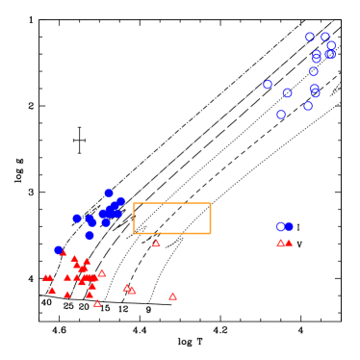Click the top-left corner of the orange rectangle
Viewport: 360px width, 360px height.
(x=134, y=203)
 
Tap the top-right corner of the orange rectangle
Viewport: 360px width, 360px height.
(x=210, y=203)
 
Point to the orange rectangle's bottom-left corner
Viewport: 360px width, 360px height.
(x=134, y=233)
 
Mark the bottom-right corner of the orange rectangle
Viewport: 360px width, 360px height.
(x=210, y=233)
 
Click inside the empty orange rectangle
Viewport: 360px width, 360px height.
(x=171, y=219)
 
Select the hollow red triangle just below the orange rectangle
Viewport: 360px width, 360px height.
(x=156, y=244)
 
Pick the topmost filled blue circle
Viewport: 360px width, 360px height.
(x=109, y=193)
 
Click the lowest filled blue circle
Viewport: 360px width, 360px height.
(x=59, y=250)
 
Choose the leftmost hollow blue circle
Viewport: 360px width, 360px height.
(x=268, y=85)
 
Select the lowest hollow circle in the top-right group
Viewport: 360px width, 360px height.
(x=281, y=115)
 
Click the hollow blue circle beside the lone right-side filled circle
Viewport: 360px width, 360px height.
(x=280, y=227)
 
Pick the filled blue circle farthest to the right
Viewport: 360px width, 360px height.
(x=289, y=226)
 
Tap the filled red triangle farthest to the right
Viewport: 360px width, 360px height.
(x=289, y=243)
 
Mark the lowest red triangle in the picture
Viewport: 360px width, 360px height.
(x=97, y=303)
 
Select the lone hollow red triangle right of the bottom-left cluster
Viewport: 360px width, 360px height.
(x=172, y=296)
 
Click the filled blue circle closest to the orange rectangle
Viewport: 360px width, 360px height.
(x=121, y=201)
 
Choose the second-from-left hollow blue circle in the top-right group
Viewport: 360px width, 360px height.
(x=281, y=115)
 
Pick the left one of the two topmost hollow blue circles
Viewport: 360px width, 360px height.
(x=310, y=38)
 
